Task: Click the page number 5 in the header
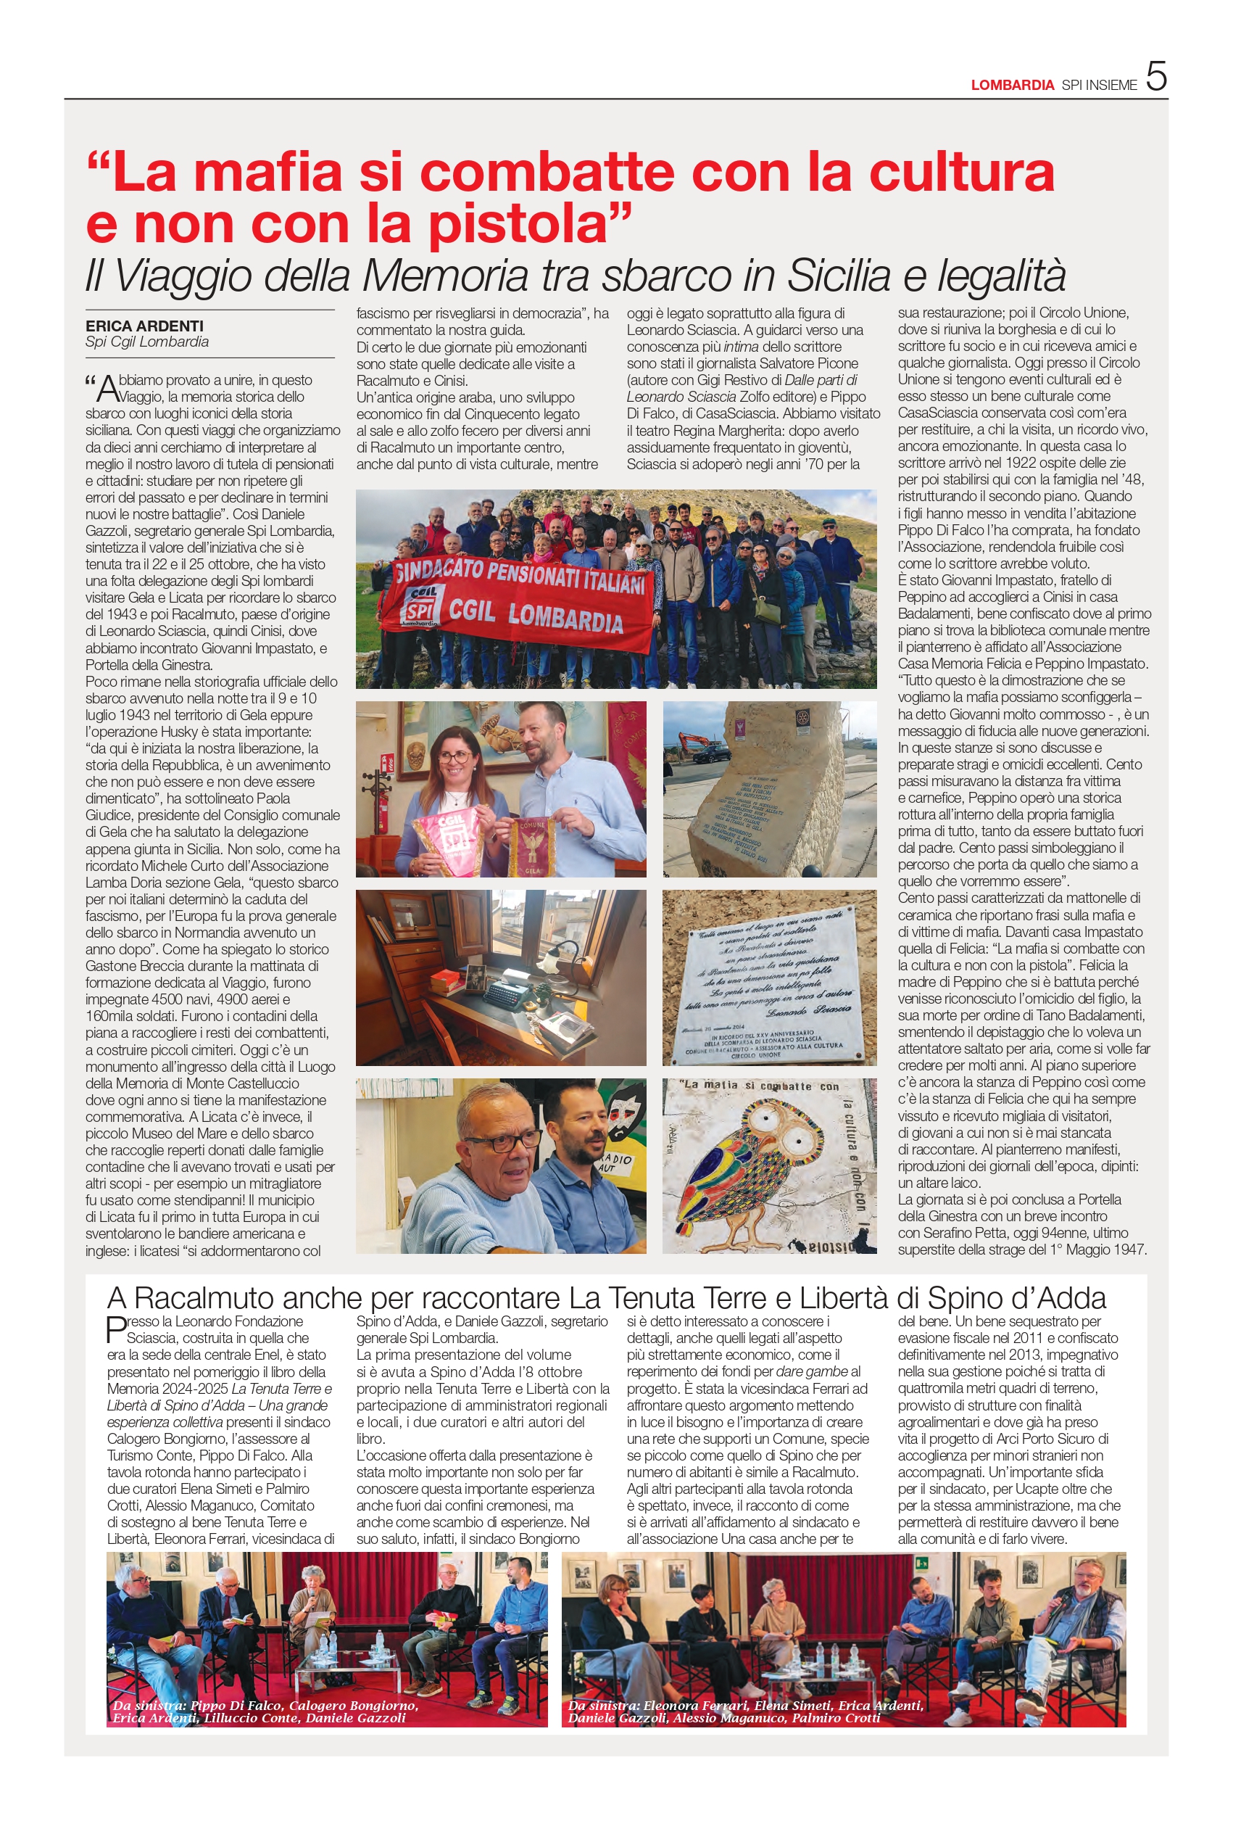[1156, 77]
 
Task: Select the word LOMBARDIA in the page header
[1012, 85]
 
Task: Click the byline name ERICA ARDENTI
[145, 326]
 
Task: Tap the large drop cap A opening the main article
[107, 389]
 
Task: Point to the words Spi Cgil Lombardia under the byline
[147, 342]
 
